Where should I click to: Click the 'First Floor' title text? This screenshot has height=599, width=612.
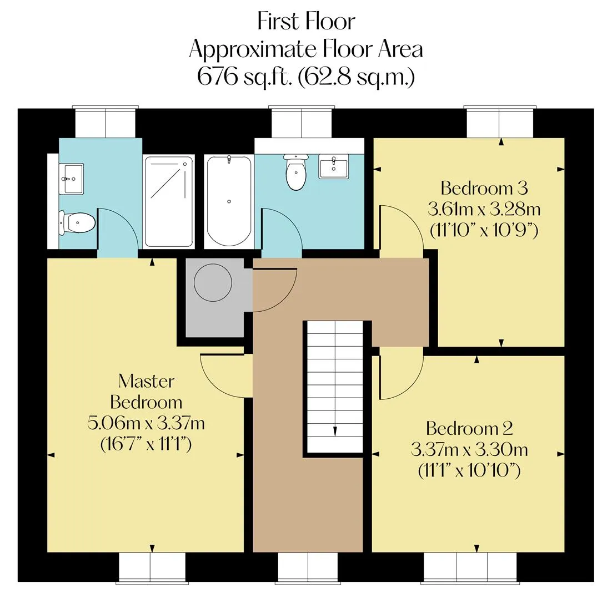[x=307, y=22]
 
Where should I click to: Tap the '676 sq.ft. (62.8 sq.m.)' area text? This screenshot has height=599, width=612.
[x=306, y=77]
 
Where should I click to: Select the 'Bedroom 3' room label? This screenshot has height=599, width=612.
[x=484, y=188]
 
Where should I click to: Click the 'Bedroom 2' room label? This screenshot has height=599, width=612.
[x=469, y=429]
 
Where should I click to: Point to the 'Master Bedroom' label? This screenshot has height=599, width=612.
[x=147, y=392]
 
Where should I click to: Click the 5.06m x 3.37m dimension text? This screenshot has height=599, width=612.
[x=146, y=423]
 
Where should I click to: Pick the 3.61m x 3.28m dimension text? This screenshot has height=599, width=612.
[x=484, y=209]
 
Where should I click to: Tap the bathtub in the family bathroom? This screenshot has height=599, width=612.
[x=229, y=201]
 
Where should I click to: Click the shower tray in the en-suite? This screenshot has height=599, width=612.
[x=169, y=201]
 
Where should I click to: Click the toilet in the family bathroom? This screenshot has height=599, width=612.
[x=296, y=172]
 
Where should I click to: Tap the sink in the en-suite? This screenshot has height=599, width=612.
[x=71, y=179]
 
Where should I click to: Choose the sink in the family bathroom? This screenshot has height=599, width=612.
[x=333, y=166]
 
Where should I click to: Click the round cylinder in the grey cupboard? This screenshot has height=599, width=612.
[x=213, y=282]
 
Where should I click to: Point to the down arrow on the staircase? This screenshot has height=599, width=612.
[x=335, y=430]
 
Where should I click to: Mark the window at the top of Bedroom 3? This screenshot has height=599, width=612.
[x=500, y=121]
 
